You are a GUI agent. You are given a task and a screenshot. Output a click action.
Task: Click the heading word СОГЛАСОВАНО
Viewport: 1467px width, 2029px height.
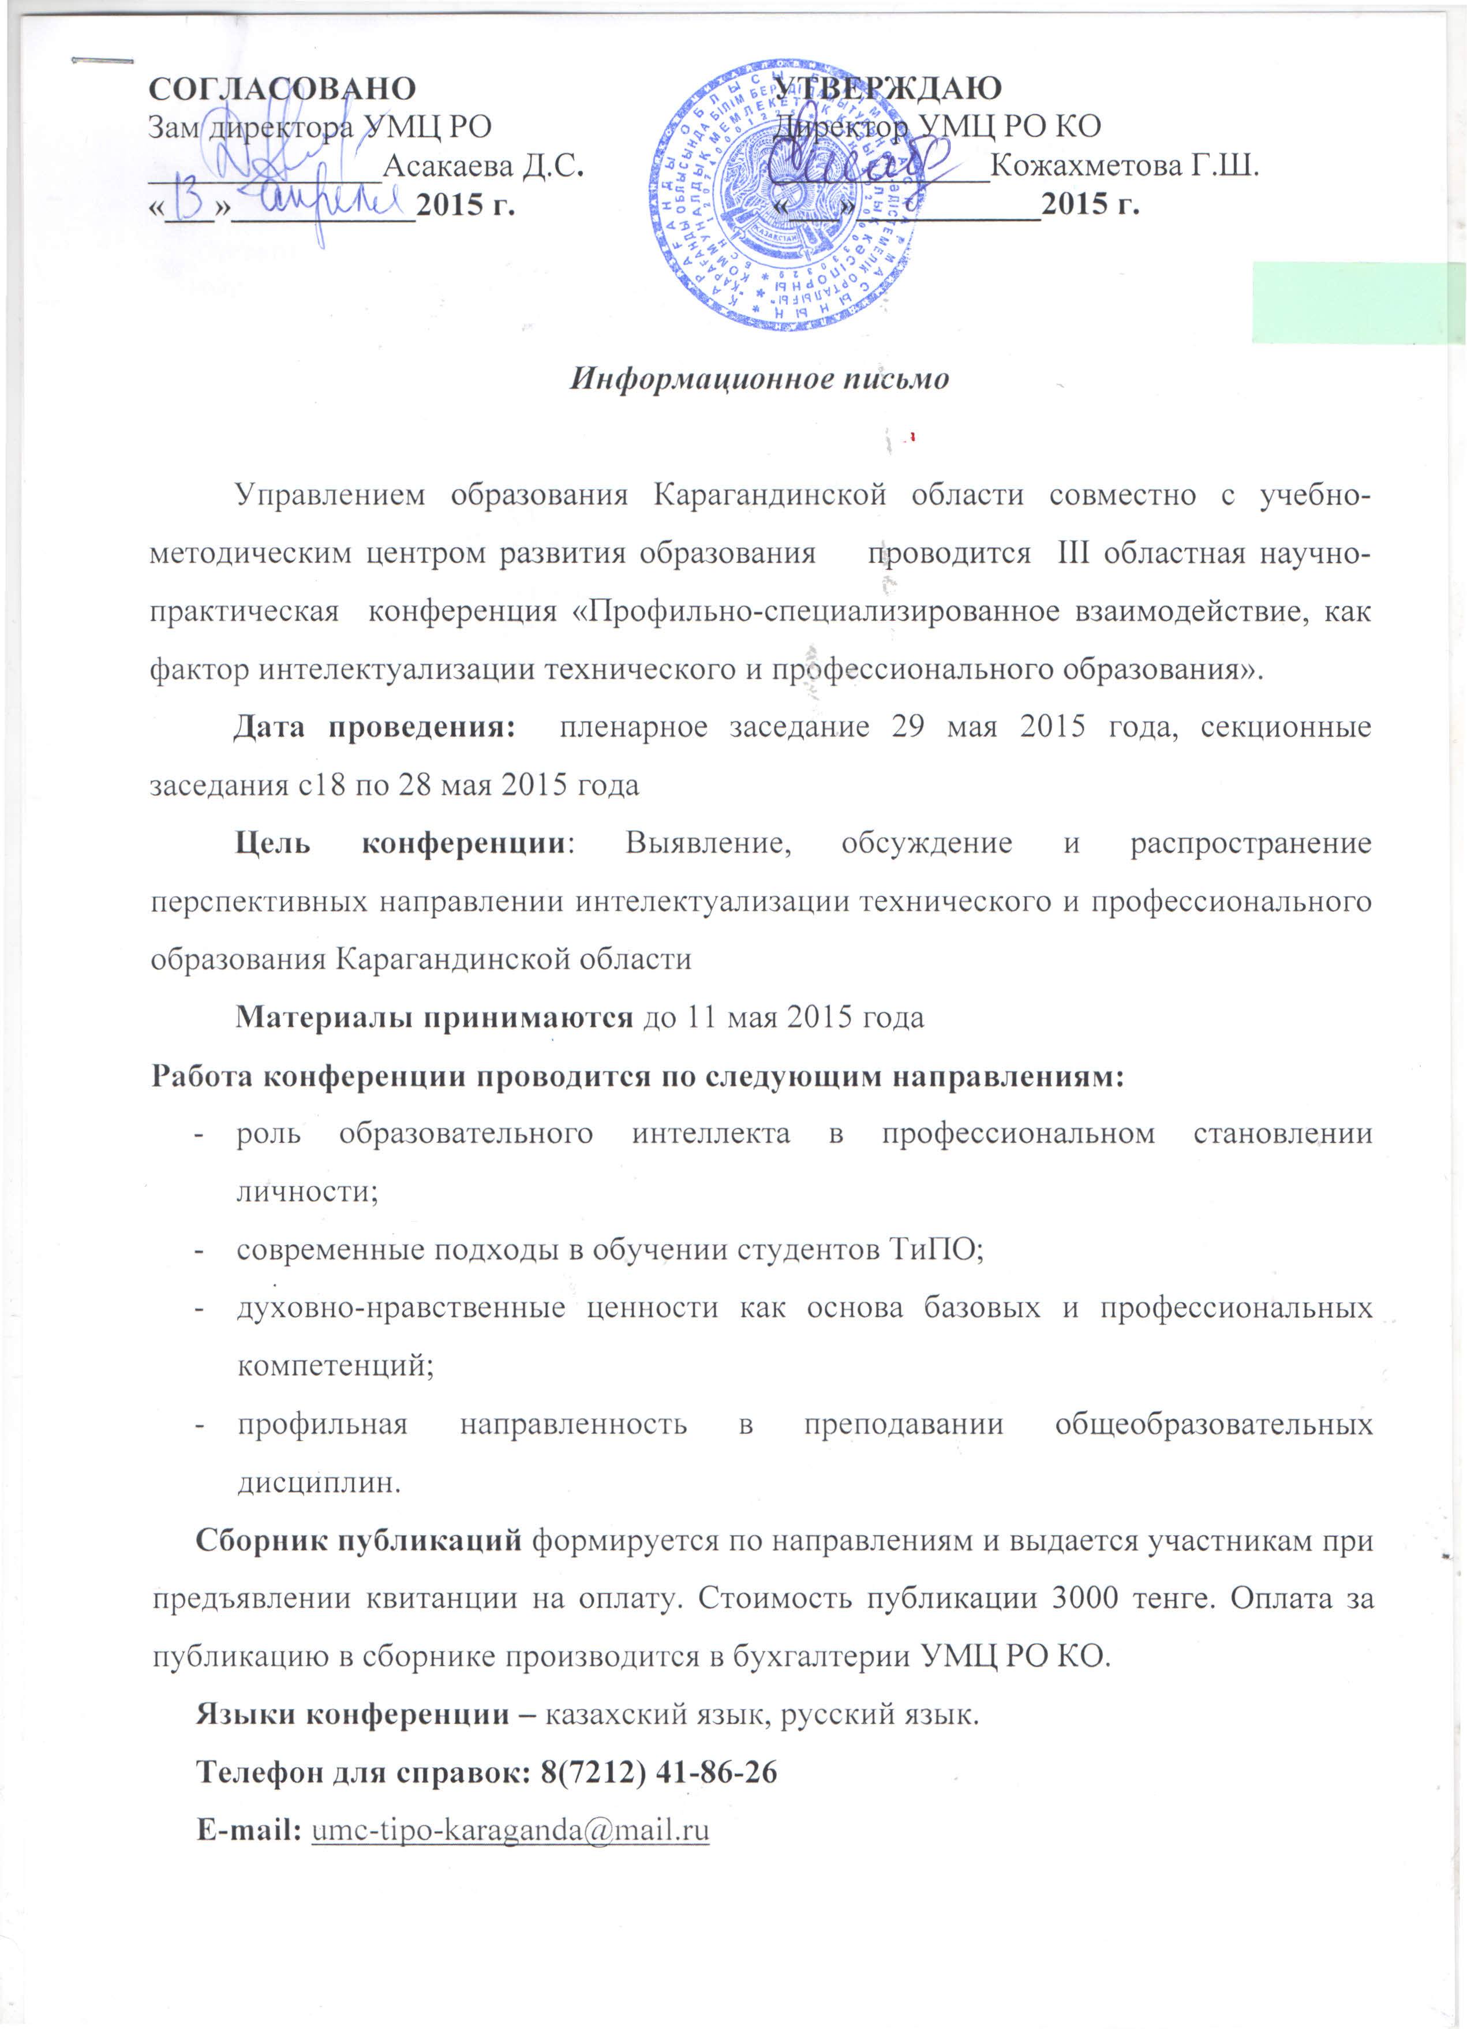(x=282, y=88)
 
